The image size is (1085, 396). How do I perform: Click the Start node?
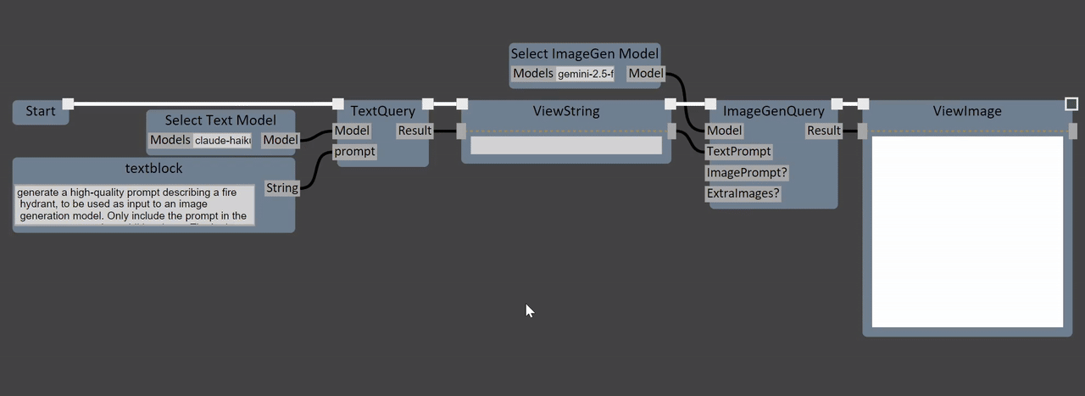coord(40,111)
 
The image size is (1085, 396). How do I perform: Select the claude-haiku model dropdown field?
coord(223,140)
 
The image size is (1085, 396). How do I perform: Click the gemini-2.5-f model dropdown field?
coord(585,74)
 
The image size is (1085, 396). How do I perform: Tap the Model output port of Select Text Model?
coord(281,140)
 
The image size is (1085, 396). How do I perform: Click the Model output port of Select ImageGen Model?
coord(646,74)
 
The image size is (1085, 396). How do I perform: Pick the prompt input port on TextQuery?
coord(354,152)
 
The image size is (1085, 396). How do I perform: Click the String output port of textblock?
coord(281,187)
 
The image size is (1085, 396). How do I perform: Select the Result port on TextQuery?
coord(415,131)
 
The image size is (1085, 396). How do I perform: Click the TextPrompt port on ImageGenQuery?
coord(738,152)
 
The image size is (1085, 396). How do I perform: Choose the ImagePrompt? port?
coord(746,173)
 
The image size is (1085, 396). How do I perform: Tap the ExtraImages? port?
coord(743,193)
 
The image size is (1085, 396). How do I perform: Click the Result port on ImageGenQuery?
coord(824,131)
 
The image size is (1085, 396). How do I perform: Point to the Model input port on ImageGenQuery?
coord(724,131)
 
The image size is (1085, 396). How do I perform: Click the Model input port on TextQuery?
coord(351,131)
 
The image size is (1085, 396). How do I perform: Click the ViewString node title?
coord(565,111)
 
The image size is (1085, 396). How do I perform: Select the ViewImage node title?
coord(967,111)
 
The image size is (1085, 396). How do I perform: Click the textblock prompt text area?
coord(134,205)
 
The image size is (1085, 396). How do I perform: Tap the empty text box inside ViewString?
coord(565,146)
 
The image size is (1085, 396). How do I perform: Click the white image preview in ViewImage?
coord(967,231)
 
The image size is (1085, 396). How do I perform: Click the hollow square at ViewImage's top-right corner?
coord(1071,104)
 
